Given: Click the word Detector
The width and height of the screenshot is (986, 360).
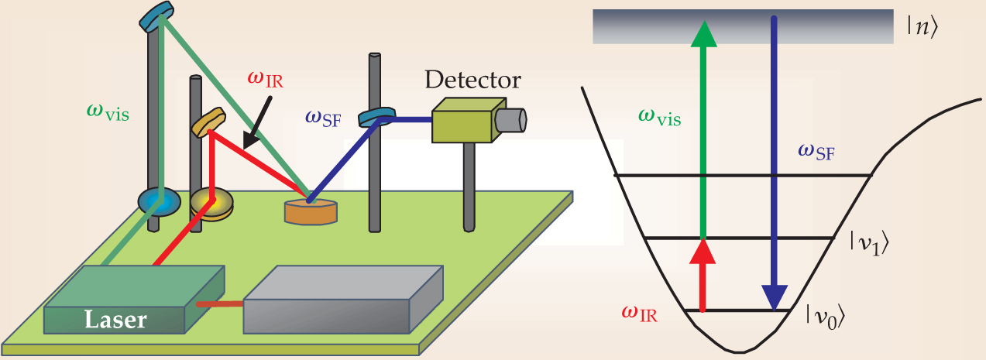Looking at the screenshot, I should [472, 80].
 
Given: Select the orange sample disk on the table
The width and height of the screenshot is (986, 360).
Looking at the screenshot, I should [310, 211].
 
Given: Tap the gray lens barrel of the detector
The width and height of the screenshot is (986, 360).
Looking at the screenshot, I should [511, 119].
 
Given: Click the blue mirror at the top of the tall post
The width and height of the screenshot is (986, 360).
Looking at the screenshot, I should [158, 15].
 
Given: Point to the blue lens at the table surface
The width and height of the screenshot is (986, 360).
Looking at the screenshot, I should [158, 200].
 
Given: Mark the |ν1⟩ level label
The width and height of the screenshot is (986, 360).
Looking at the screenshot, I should [863, 245].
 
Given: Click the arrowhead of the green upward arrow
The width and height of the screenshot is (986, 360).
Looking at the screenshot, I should [703, 33].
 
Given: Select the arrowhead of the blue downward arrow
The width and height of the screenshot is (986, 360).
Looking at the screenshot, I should [774, 297].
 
